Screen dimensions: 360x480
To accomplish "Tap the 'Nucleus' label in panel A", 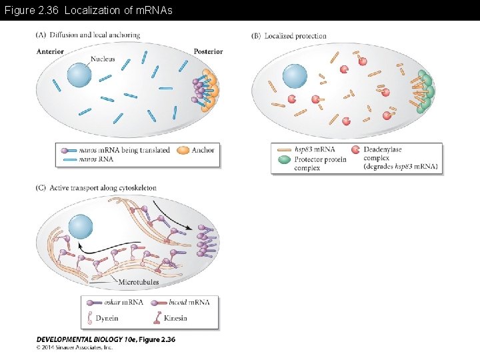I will (x=103, y=59).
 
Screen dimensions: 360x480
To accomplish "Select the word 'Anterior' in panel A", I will (x=50, y=51).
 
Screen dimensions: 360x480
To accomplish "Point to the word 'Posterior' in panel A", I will (x=208, y=51).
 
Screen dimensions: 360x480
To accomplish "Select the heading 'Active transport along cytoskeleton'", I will (x=103, y=188).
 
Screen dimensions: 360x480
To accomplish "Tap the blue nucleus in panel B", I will (x=295, y=76).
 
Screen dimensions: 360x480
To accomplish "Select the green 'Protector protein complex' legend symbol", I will (x=283, y=159).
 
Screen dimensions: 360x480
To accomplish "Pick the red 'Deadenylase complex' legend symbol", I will (x=355, y=150).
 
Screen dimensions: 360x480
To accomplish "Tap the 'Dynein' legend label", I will (x=107, y=318).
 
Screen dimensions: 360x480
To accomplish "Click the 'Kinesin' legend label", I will (x=175, y=318).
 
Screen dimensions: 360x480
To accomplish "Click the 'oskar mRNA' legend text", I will (x=123, y=302).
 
